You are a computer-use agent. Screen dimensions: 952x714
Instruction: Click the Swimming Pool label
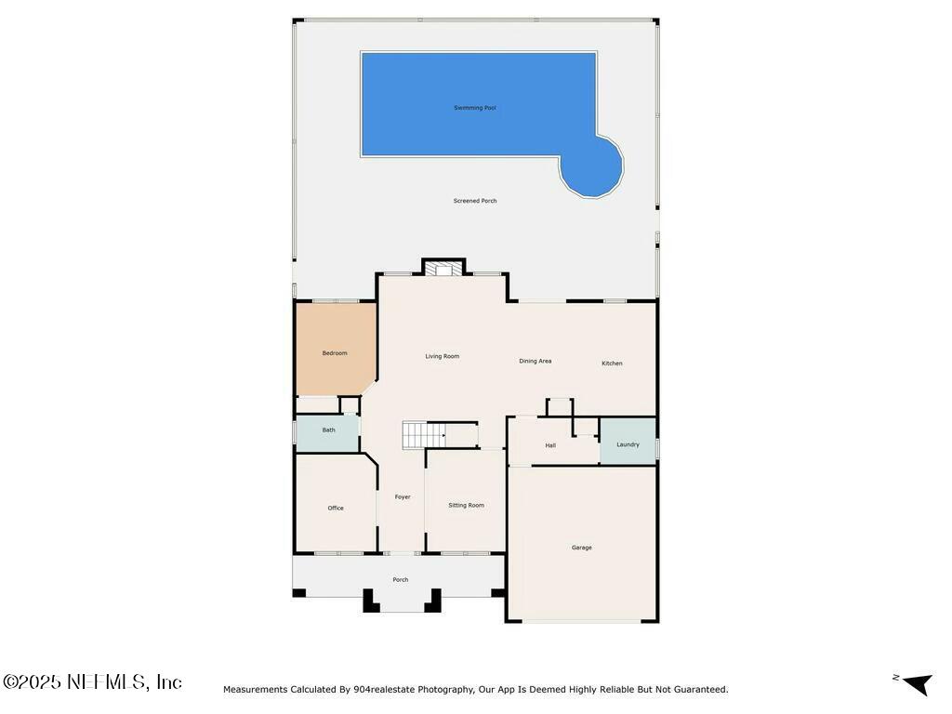click(x=475, y=108)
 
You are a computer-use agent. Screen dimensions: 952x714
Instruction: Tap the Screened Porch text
click(x=475, y=201)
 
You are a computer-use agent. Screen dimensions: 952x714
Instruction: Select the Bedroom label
click(x=335, y=353)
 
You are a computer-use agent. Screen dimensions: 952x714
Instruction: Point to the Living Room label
click(x=442, y=356)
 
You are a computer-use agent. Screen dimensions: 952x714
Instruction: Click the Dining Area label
click(x=535, y=362)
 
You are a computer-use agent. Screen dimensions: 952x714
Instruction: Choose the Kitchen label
click(x=612, y=364)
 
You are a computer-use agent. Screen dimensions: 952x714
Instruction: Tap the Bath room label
click(x=328, y=430)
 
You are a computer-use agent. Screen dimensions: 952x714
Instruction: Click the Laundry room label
click(x=628, y=444)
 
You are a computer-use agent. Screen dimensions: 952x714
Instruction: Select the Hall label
click(x=550, y=445)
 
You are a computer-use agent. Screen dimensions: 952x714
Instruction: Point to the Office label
click(x=336, y=509)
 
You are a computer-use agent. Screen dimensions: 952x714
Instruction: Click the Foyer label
click(x=403, y=497)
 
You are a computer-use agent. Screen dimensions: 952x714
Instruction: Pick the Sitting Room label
click(x=467, y=505)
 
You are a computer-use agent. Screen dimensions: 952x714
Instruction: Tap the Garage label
click(x=582, y=548)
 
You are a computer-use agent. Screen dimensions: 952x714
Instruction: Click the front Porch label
click(x=400, y=580)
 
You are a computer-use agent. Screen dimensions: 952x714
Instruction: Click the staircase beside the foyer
click(x=424, y=435)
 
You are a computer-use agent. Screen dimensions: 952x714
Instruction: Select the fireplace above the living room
click(x=443, y=269)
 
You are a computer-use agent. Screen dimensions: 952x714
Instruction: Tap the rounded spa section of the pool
click(x=591, y=166)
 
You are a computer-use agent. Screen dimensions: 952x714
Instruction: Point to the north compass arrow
click(x=918, y=683)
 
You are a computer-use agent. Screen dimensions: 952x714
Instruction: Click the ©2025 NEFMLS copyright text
click(x=92, y=681)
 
